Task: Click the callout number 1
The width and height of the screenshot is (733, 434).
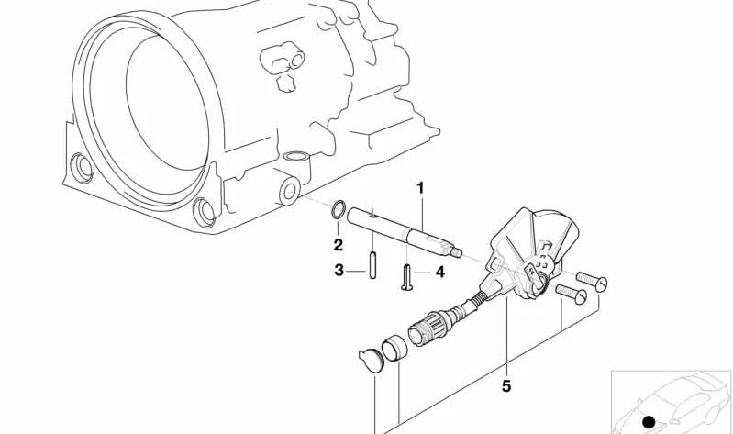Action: coord(420,188)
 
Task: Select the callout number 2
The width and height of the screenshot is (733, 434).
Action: coord(338,245)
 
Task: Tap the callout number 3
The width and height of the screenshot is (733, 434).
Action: coord(339,271)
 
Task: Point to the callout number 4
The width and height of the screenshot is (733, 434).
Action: coord(440,273)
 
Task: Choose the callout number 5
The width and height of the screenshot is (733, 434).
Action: coord(506,386)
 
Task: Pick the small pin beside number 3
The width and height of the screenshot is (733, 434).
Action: coord(372,265)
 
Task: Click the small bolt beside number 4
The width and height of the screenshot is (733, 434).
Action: coord(406,278)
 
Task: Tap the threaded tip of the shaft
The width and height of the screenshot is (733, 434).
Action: coord(456,252)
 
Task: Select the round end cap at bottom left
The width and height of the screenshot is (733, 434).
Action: coord(371,360)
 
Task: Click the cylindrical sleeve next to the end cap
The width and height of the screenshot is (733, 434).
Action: coord(394,348)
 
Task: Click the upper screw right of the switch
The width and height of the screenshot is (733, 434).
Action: coord(592,281)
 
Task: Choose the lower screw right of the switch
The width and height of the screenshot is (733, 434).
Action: coord(572,293)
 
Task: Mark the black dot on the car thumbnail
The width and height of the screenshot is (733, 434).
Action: coord(648,422)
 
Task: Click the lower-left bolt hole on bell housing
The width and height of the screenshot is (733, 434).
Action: coord(82,168)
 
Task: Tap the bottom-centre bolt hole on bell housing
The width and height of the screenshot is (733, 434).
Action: coord(205,213)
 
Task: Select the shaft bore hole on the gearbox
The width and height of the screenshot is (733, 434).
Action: coord(289,191)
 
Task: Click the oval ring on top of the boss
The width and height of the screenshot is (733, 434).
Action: coord(296,156)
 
